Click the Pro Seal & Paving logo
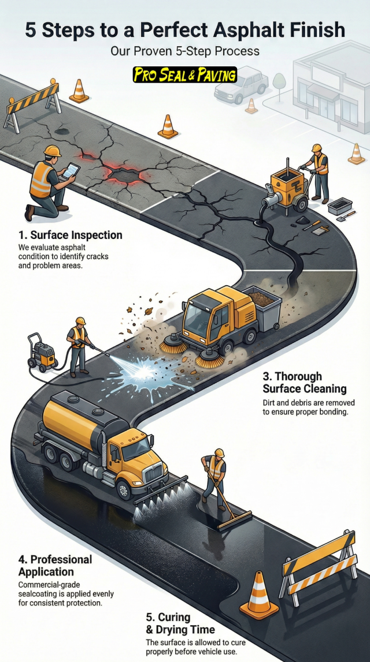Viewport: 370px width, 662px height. (x=184, y=74)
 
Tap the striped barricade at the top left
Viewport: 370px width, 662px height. (x=34, y=105)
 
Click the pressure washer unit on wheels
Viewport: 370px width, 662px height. (x=42, y=353)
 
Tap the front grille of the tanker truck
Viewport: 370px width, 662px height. (x=154, y=474)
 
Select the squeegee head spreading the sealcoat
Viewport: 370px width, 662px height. (x=234, y=519)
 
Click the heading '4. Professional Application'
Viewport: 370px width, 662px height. (x=55, y=566)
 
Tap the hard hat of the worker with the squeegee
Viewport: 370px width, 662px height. (x=219, y=452)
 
